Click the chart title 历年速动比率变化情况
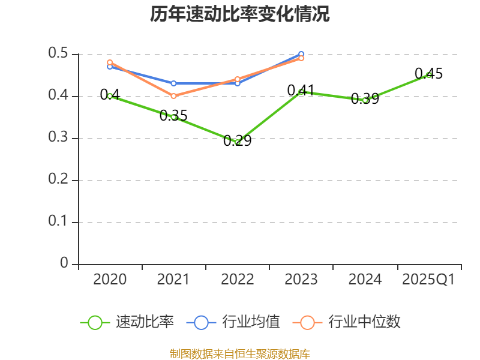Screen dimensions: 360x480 [x=240, y=14]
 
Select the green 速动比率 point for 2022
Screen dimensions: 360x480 [x=238, y=142]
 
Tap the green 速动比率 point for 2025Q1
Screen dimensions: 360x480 [x=428, y=75]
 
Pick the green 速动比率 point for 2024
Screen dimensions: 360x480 [x=365, y=100]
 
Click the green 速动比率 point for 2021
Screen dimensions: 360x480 [x=174, y=117]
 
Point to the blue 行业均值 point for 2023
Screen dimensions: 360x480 [x=301, y=55]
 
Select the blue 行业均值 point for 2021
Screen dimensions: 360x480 [x=174, y=83]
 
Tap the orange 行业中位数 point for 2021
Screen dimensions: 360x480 [x=174, y=96]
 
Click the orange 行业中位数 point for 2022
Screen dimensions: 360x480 [x=238, y=79]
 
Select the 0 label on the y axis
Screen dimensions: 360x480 [x=65, y=264]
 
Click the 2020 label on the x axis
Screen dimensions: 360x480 [x=110, y=280]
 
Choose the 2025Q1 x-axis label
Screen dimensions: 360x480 [x=428, y=280]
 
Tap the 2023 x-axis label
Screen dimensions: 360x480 [x=301, y=280]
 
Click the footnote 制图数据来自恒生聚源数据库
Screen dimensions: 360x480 [x=240, y=353]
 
